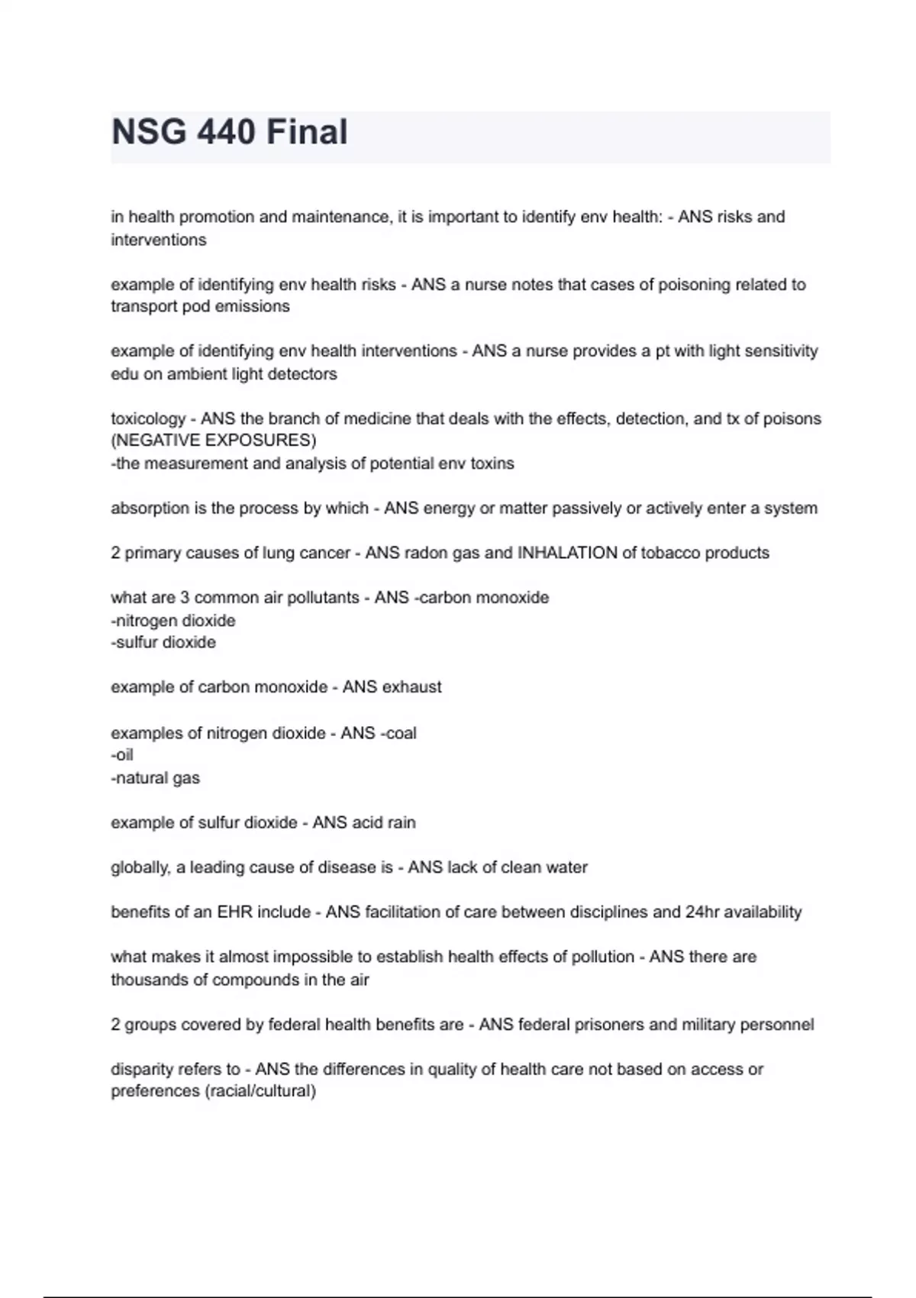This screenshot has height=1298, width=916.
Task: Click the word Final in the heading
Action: coord(307,132)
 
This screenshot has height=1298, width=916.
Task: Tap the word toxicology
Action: coord(147,418)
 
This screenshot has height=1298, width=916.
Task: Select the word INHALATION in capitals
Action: coord(567,553)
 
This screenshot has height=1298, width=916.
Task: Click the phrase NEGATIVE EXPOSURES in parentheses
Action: coord(213,441)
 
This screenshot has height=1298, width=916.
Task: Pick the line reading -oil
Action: coord(122,755)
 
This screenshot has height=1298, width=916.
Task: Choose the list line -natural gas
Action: coord(155,778)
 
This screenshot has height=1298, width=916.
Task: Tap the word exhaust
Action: coord(412,687)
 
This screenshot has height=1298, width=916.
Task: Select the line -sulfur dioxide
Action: coord(163,643)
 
